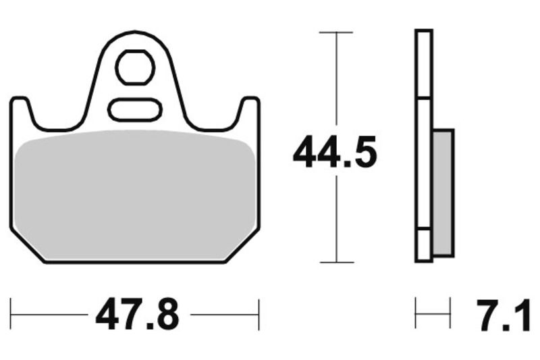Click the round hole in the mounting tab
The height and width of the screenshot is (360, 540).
(135, 67)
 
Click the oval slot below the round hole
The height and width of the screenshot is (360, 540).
(135, 108)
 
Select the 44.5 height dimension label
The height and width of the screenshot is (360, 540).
(334, 153)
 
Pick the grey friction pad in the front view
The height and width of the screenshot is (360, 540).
(135, 192)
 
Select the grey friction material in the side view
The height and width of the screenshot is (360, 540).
(442, 192)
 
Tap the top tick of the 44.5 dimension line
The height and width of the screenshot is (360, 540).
(336, 32)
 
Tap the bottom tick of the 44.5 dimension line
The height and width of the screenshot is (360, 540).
(336, 262)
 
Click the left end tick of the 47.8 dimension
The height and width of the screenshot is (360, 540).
(11, 313)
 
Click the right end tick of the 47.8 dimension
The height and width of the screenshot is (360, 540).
(259, 313)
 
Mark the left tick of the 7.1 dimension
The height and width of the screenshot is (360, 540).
(416, 313)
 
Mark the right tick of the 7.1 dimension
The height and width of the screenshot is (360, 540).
(450, 313)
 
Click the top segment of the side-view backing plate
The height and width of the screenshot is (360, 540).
(423, 64)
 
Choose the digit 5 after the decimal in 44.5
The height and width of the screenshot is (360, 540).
(362, 153)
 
